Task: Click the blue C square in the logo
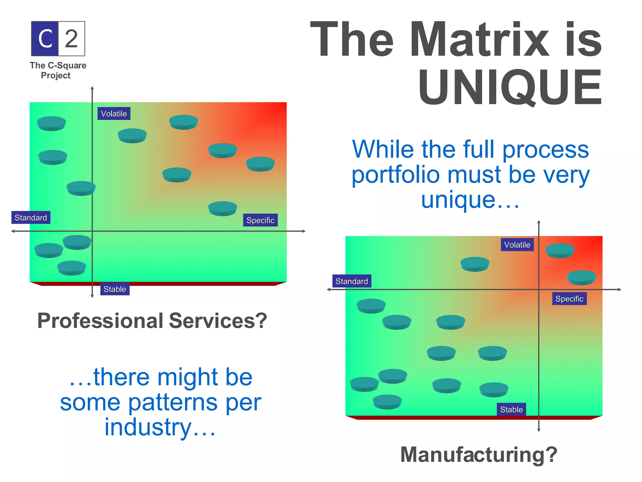click(x=45, y=39)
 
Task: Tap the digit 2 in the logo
click(x=71, y=39)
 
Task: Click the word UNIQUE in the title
click(x=510, y=88)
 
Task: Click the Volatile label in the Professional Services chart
click(x=114, y=114)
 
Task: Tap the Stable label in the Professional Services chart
click(x=115, y=289)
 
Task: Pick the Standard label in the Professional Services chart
click(x=31, y=217)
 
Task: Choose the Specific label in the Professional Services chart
click(x=260, y=220)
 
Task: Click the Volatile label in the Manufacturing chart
click(x=517, y=245)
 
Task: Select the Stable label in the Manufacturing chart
click(x=511, y=410)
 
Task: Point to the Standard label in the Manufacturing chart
click(x=352, y=281)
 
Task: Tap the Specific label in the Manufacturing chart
click(x=569, y=299)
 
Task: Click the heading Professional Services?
click(x=152, y=321)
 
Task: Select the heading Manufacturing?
click(x=479, y=454)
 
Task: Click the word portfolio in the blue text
click(x=395, y=175)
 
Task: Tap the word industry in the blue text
click(x=148, y=427)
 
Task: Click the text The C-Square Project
click(x=58, y=70)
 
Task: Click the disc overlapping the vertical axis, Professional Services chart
click(x=81, y=188)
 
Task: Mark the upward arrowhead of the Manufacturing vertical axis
click(x=539, y=222)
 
